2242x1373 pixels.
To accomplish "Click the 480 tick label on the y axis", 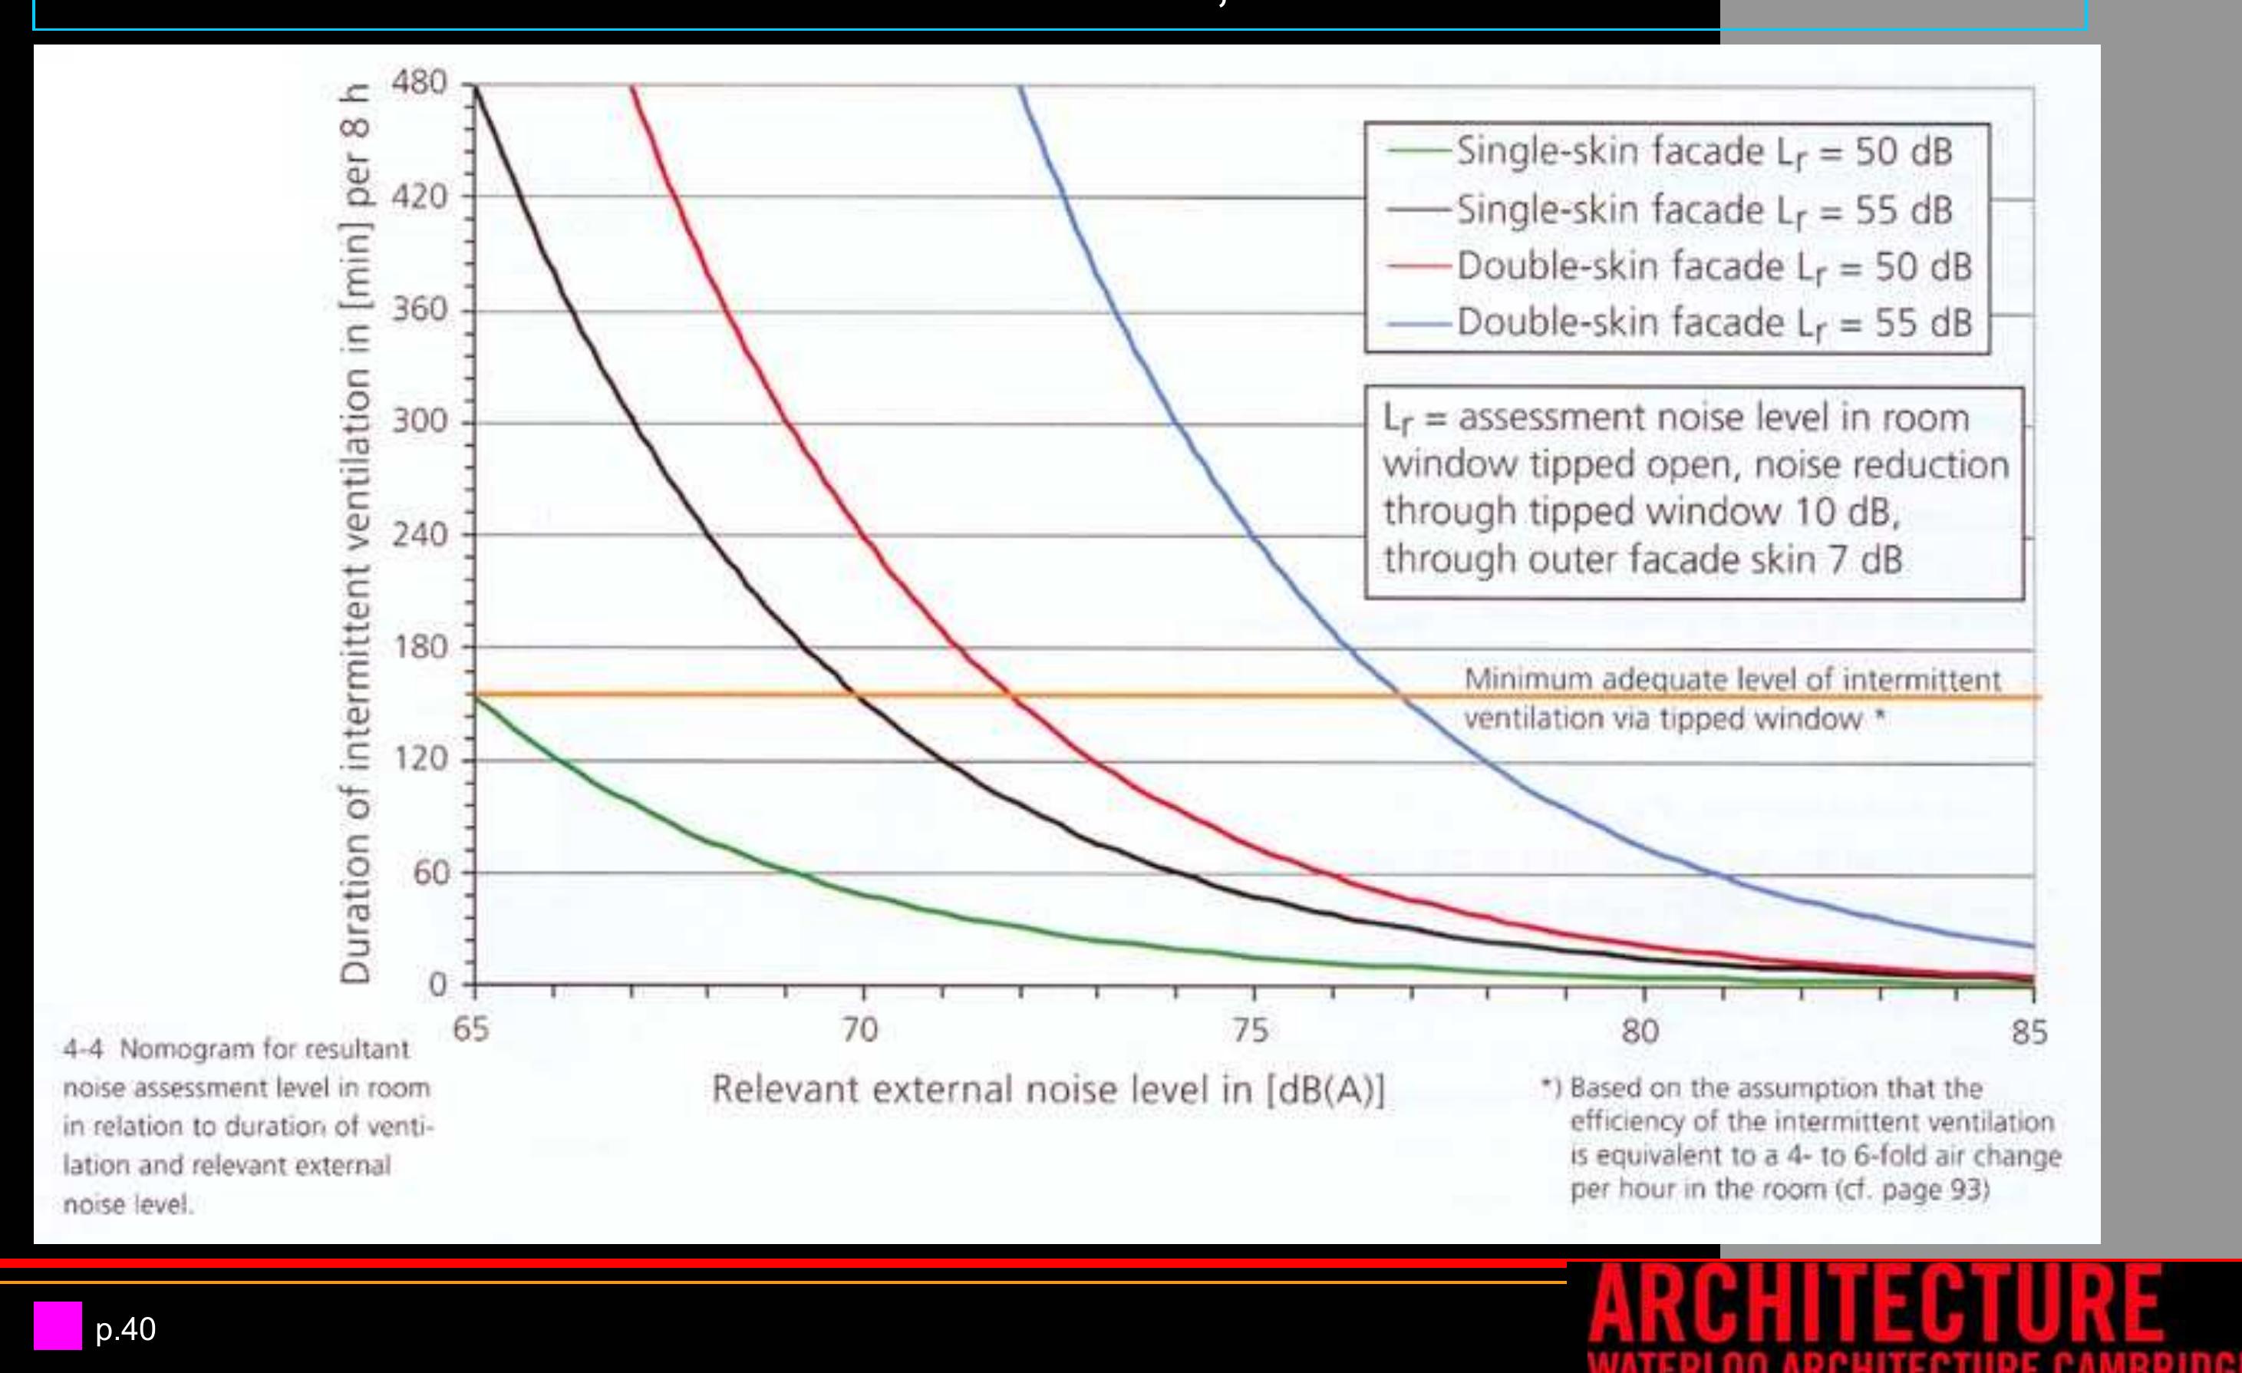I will tap(420, 83).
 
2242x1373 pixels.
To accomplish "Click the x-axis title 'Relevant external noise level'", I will tap(1047, 1090).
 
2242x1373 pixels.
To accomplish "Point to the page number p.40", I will tap(126, 1329).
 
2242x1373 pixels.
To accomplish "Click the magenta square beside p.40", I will tap(58, 1325).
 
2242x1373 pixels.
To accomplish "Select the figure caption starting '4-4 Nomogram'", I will tap(246, 1127).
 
